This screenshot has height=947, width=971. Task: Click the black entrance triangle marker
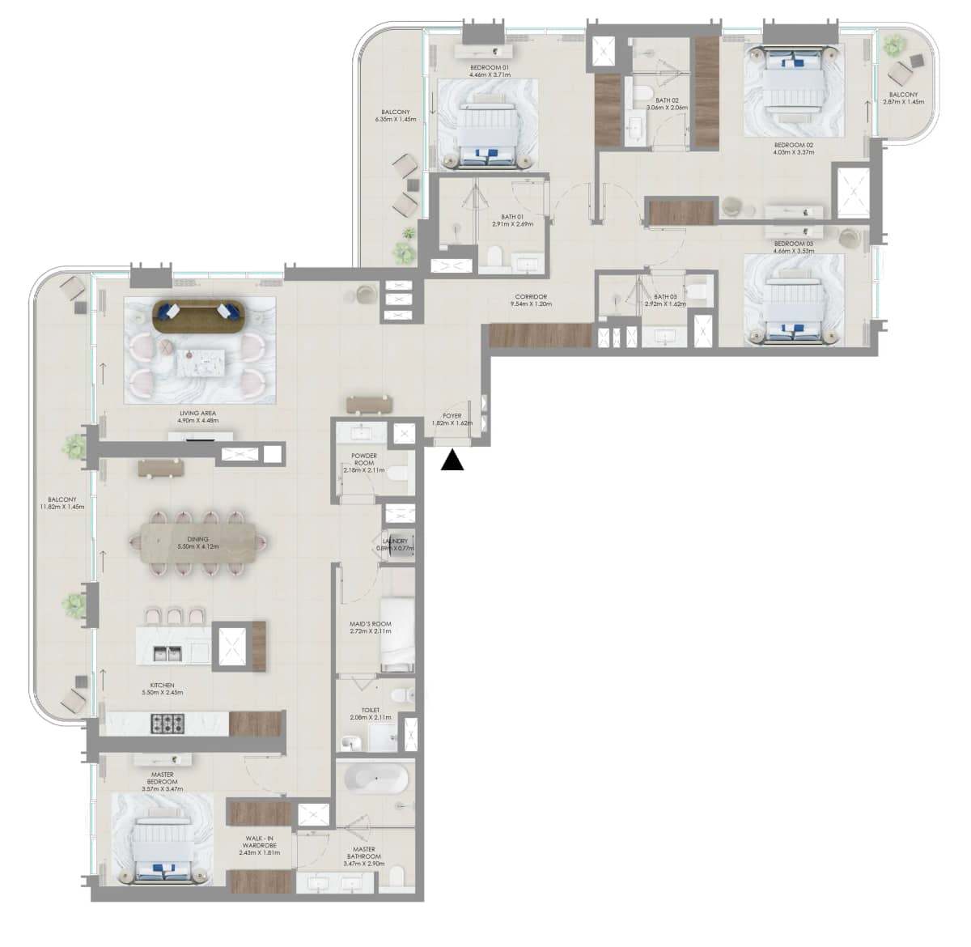[452, 461]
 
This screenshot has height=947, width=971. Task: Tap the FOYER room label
[452, 416]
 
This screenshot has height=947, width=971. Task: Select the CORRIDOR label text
[531, 297]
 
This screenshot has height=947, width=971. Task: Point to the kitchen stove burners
[167, 723]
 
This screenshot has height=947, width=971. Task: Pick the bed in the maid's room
[396, 635]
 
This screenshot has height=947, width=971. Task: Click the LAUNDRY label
[396, 541]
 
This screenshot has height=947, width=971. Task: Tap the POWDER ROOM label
[364, 460]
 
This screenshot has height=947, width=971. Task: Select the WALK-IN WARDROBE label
[260, 843]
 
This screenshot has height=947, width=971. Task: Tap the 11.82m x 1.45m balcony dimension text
[62, 507]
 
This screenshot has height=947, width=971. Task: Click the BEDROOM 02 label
[792, 145]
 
